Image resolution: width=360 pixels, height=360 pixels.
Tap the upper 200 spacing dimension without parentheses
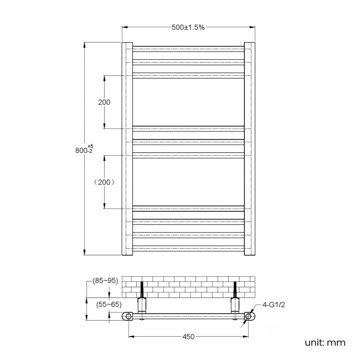point(104,102)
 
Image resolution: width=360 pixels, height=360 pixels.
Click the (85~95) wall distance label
point(105,281)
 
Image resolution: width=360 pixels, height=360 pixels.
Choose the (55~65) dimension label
point(109,304)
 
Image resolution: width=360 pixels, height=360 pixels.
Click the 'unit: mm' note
point(325,342)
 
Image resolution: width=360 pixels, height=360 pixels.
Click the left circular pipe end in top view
point(128,317)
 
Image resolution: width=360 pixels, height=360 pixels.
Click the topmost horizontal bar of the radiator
point(188,48)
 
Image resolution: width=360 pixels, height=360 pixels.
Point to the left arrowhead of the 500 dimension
point(125,27)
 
